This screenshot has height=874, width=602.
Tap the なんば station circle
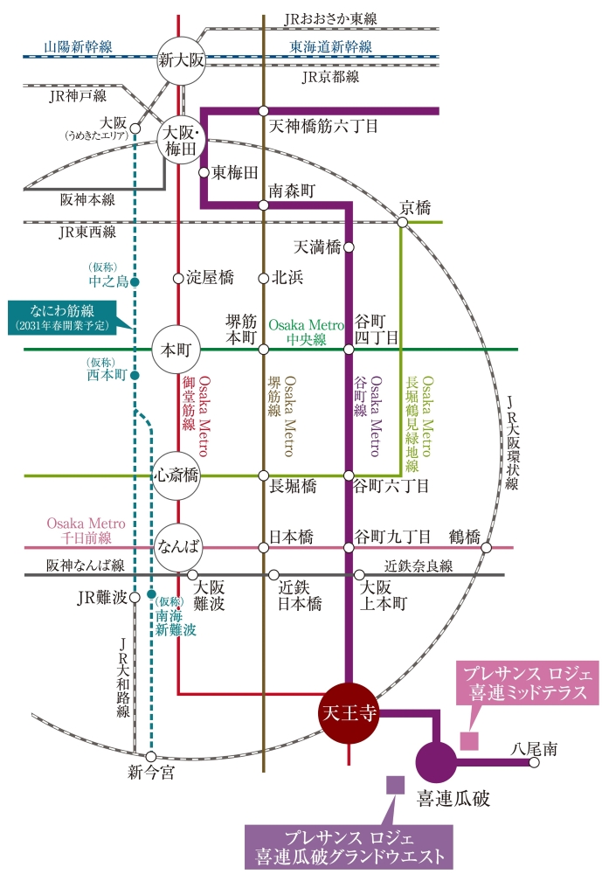(179, 548)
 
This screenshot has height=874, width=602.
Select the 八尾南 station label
(536, 748)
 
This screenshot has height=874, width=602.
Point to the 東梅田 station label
(236, 171)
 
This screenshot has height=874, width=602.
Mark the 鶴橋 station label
(465, 536)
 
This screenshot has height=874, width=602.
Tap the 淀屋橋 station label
(210, 278)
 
